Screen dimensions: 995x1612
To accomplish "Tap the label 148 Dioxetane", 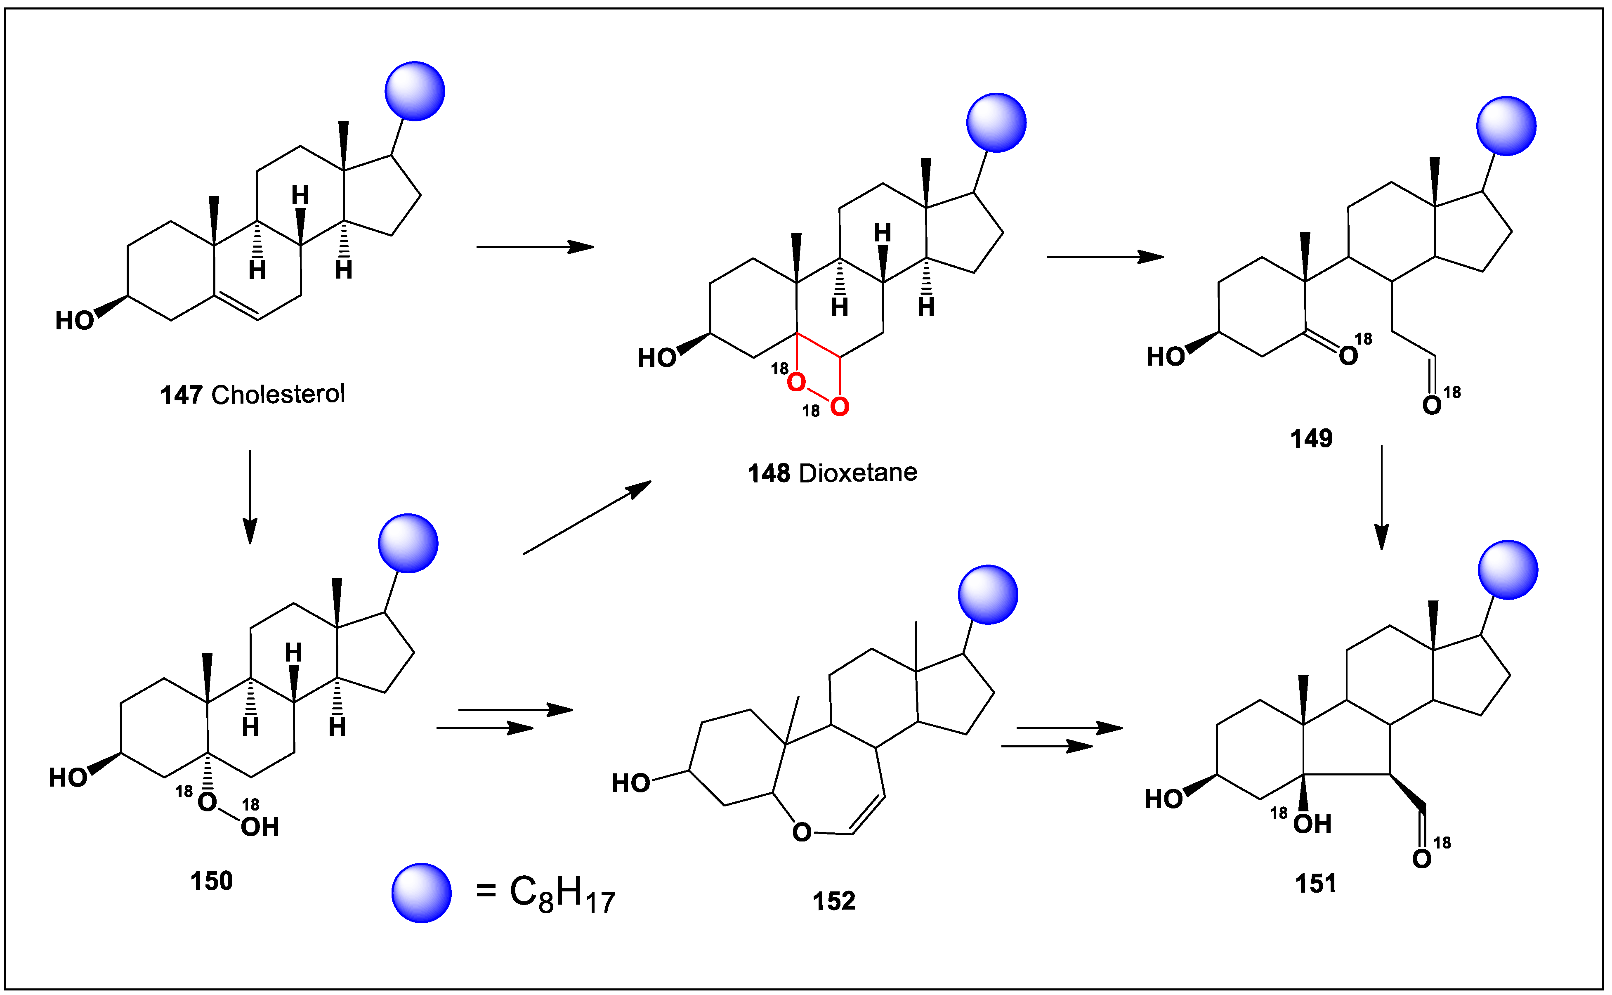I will pyautogui.click(x=832, y=473).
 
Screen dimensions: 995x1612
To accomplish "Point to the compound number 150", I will pyautogui.click(x=211, y=881).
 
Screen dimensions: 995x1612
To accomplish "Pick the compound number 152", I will pyautogui.click(x=833, y=901).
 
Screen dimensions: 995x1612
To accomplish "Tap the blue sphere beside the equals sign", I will pyautogui.click(x=421, y=893).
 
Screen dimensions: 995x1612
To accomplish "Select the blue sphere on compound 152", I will pyautogui.click(x=988, y=594).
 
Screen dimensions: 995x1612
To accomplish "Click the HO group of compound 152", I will pyautogui.click(x=630, y=783).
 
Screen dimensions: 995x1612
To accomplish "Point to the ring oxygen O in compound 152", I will pyautogui.click(x=801, y=832).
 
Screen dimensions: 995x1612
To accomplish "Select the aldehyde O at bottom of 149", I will pyautogui.click(x=1432, y=405).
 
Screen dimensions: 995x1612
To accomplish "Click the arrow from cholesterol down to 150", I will pyautogui.click(x=250, y=497).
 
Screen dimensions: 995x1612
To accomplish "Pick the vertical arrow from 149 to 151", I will pyautogui.click(x=1382, y=497).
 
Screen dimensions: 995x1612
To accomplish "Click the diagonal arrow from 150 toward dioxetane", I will pyautogui.click(x=587, y=517).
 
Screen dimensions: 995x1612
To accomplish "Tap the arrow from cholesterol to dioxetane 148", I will pyautogui.click(x=535, y=247).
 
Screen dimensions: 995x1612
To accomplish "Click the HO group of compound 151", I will pyautogui.click(x=1163, y=799).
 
